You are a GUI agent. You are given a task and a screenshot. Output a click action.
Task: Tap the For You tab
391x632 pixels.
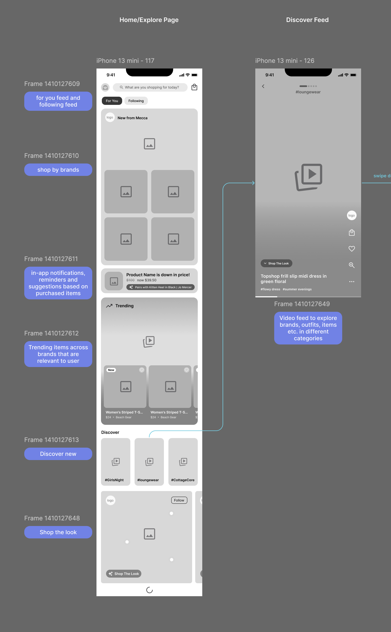coord(112,101)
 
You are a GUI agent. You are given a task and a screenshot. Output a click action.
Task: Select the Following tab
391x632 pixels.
coord(136,101)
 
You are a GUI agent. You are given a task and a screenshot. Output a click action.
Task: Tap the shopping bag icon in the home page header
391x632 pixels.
coord(194,87)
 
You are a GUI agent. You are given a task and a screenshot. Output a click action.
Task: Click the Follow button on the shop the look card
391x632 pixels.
coord(179,500)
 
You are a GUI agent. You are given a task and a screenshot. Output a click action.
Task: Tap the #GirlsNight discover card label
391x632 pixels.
coord(114,480)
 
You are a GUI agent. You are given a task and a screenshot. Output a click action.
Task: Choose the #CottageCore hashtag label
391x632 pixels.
coord(183,480)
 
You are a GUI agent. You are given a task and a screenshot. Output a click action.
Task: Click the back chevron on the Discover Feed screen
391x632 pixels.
coord(263,86)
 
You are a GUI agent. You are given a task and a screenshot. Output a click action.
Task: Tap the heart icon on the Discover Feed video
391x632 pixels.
coord(352,249)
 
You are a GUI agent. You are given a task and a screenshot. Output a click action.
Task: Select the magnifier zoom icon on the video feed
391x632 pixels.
coord(352,265)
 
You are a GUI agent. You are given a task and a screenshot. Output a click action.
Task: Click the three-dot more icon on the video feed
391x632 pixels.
coord(352,282)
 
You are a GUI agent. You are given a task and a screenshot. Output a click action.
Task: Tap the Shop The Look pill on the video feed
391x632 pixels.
coord(276,263)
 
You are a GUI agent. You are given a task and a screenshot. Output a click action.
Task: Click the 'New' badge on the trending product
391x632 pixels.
coord(111,370)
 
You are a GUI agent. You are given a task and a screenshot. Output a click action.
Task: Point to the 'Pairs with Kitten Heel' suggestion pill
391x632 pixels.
coord(161,287)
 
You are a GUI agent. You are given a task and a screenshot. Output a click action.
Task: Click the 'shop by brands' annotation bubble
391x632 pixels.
coord(58,170)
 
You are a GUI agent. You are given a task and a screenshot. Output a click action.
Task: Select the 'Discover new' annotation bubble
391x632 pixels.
coord(58,454)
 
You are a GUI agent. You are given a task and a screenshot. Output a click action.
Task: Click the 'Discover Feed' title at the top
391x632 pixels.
coord(307,20)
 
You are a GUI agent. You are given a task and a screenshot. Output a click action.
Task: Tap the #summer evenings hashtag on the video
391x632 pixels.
coord(297,289)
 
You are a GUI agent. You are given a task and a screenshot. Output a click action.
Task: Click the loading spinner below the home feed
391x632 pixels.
coord(150,590)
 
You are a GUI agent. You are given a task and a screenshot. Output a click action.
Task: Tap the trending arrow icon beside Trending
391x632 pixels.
coord(109,306)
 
